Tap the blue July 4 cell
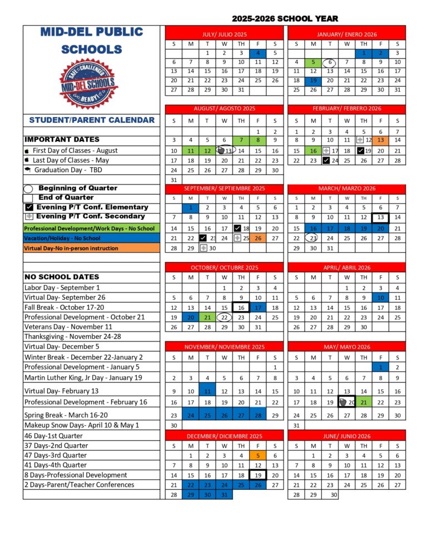point(258,53)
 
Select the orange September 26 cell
point(258,238)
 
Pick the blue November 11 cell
point(207,392)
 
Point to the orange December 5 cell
point(258,455)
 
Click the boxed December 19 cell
point(258,475)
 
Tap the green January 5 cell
point(313,62)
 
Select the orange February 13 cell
point(381,140)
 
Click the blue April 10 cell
point(381,298)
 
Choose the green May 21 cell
point(364,402)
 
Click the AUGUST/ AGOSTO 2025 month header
point(224,108)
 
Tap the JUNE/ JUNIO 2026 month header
point(347,436)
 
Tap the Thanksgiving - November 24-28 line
point(64,337)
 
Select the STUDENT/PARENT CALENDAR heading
point(92,120)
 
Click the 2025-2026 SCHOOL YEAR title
point(280,18)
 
